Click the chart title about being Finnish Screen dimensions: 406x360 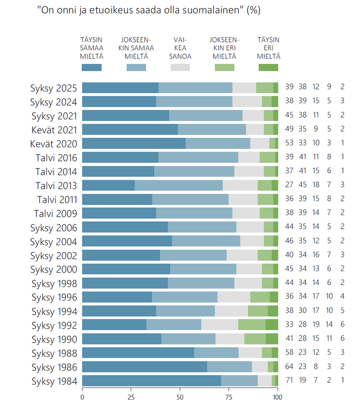[x=148, y=10]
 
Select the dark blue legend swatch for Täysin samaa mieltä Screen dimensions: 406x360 [x=91, y=67]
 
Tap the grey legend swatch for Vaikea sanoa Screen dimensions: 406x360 [x=180, y=67]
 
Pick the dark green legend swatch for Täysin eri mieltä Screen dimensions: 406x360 [x=268, y=67]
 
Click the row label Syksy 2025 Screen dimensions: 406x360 [x=53, y=88]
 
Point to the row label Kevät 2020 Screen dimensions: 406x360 [x=53, y=144]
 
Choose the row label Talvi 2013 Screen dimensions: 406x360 [x=56, y=186]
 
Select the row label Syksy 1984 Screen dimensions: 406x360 [x=53, y=382]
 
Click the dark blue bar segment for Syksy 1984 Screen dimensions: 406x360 [x=151, y=381]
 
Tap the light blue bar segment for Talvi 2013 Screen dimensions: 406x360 [x=178, y=185]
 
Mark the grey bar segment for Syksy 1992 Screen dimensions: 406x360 [x=219, y=325]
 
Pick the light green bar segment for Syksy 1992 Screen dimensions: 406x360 [x=251, y=325]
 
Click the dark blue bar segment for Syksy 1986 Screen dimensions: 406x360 [x=144, y=367]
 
